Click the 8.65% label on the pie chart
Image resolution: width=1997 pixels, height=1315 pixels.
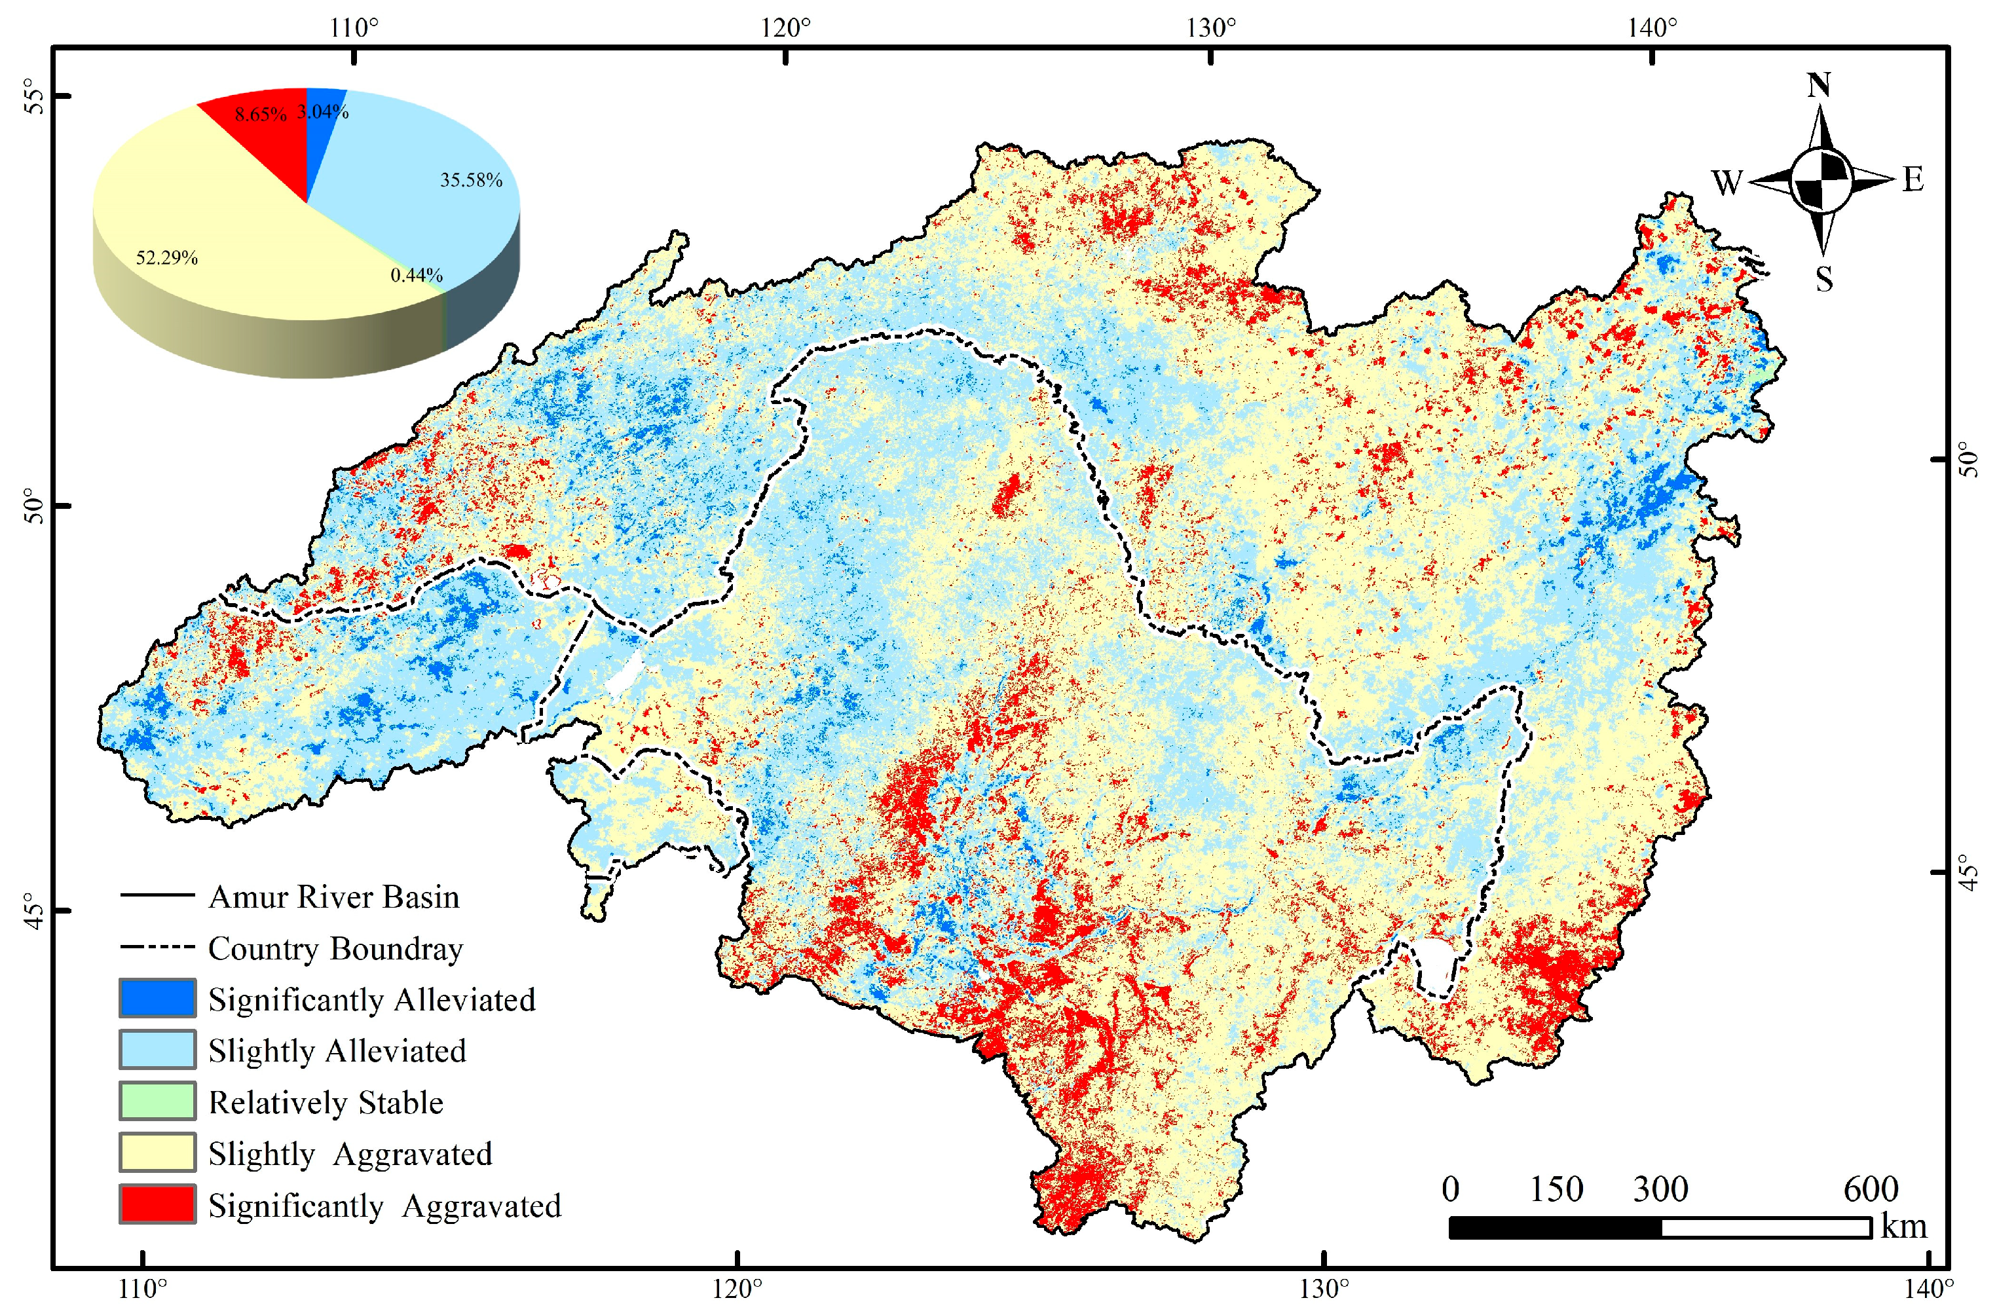tap(260, 114)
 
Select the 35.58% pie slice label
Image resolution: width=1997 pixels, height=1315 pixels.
tap(471, 181)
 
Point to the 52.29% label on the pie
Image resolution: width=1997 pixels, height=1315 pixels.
tap(167, 257)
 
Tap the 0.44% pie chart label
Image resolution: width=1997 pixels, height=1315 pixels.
tap(416, 275)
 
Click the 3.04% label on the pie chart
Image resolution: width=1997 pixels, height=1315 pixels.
tap(323, 111)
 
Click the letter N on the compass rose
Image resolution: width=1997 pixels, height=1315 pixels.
tap(1818, 86)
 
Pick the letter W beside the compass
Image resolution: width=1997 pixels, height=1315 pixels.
tap(1726, 182)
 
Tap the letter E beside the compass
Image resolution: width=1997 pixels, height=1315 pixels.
tap(1913, 179)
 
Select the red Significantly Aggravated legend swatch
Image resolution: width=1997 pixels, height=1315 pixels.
tap(157, 1204)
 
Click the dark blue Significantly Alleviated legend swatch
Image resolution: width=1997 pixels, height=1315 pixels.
tap(157, 998)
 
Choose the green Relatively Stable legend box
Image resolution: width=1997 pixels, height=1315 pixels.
tap(157, 1101)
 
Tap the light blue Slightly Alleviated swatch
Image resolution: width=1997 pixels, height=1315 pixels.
tap(157, 1050)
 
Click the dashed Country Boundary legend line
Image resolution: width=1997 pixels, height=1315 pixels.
tap(157, 948)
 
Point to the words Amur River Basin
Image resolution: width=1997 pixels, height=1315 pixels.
tap(334, 897)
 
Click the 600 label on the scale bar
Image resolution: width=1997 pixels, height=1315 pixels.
tap(1871, 1189)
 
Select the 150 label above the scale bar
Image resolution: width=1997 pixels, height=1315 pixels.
tap(1556, 1189)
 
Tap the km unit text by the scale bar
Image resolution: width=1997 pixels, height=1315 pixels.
tap(1903, 1226)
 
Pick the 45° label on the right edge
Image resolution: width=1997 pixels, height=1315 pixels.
tap(1970, 871)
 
